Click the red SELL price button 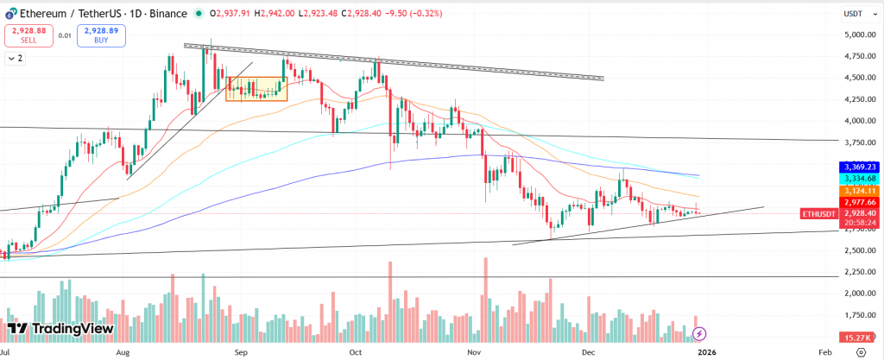pyautogui.click(x=27, y=35)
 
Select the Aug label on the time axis pyautogui.click(x=122, y=352)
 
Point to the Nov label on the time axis pyautogui.click(x=472, y=352)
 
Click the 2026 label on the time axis pyautogui.click(x=706, y=352)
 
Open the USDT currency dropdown pyautogui.click(x=856, y=14)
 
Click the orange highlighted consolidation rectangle pyautogui.click(x=256, y=88)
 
